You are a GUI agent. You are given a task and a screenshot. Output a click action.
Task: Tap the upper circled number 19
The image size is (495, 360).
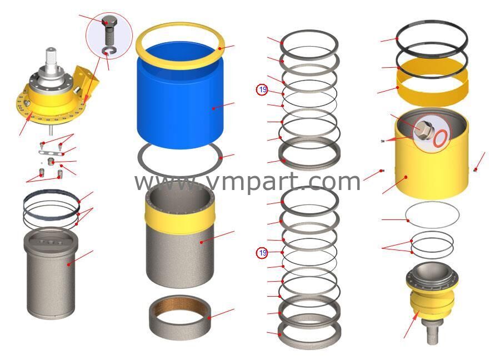(x=262, y=89)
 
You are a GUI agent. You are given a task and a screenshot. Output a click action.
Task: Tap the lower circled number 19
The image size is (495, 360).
(x=262, y=253)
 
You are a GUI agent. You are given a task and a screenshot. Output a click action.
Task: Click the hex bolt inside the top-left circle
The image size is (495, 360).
(x=109, y=31)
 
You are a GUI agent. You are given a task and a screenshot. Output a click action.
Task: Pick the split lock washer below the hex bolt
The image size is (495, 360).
(x=109, y=51)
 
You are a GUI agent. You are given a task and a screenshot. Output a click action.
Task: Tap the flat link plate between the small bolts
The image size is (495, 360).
(x=51, y=153)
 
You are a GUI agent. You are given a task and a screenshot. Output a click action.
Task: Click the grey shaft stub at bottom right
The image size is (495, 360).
(x=432, y=332)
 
